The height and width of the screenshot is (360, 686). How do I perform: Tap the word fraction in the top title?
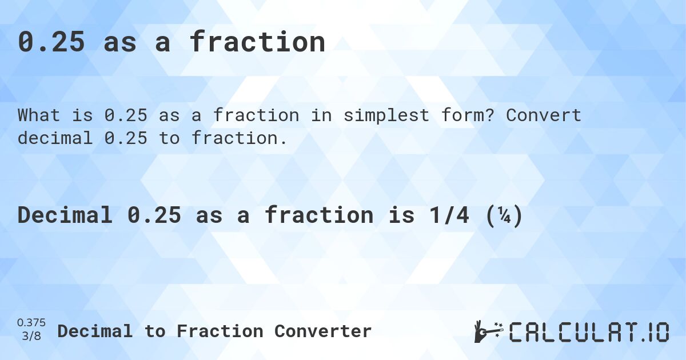point(257,42)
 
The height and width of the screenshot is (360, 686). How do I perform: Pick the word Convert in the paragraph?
point(544,115)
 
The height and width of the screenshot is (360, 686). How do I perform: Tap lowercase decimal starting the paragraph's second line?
point(54,138)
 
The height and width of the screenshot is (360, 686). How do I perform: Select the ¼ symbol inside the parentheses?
point(505,215)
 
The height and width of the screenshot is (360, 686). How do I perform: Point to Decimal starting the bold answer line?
point(65,215)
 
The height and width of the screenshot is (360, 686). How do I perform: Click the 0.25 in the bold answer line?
point(154,215)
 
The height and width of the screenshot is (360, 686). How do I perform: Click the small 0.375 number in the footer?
point(31,323)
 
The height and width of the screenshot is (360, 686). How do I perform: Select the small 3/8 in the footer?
point(31,336)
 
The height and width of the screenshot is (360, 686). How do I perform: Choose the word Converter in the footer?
point(323,331)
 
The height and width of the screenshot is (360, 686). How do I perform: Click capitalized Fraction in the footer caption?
point(220,331)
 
